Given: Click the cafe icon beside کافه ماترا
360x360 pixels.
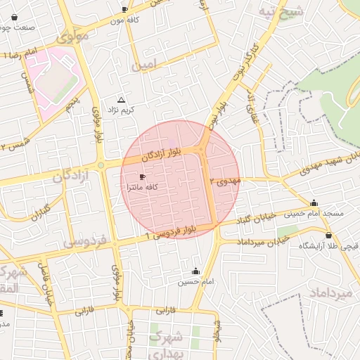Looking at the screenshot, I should [143, 177].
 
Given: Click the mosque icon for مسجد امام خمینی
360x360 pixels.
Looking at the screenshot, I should [314, 202].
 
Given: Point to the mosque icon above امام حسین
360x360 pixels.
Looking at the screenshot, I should [195, 271].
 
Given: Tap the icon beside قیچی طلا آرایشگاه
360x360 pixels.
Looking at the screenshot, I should [328, 236].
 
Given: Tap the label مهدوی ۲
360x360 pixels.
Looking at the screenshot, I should [230, 181].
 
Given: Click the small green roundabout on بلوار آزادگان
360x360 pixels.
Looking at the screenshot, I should [101, 166].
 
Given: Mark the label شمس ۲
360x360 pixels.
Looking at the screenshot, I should [13, 145].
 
